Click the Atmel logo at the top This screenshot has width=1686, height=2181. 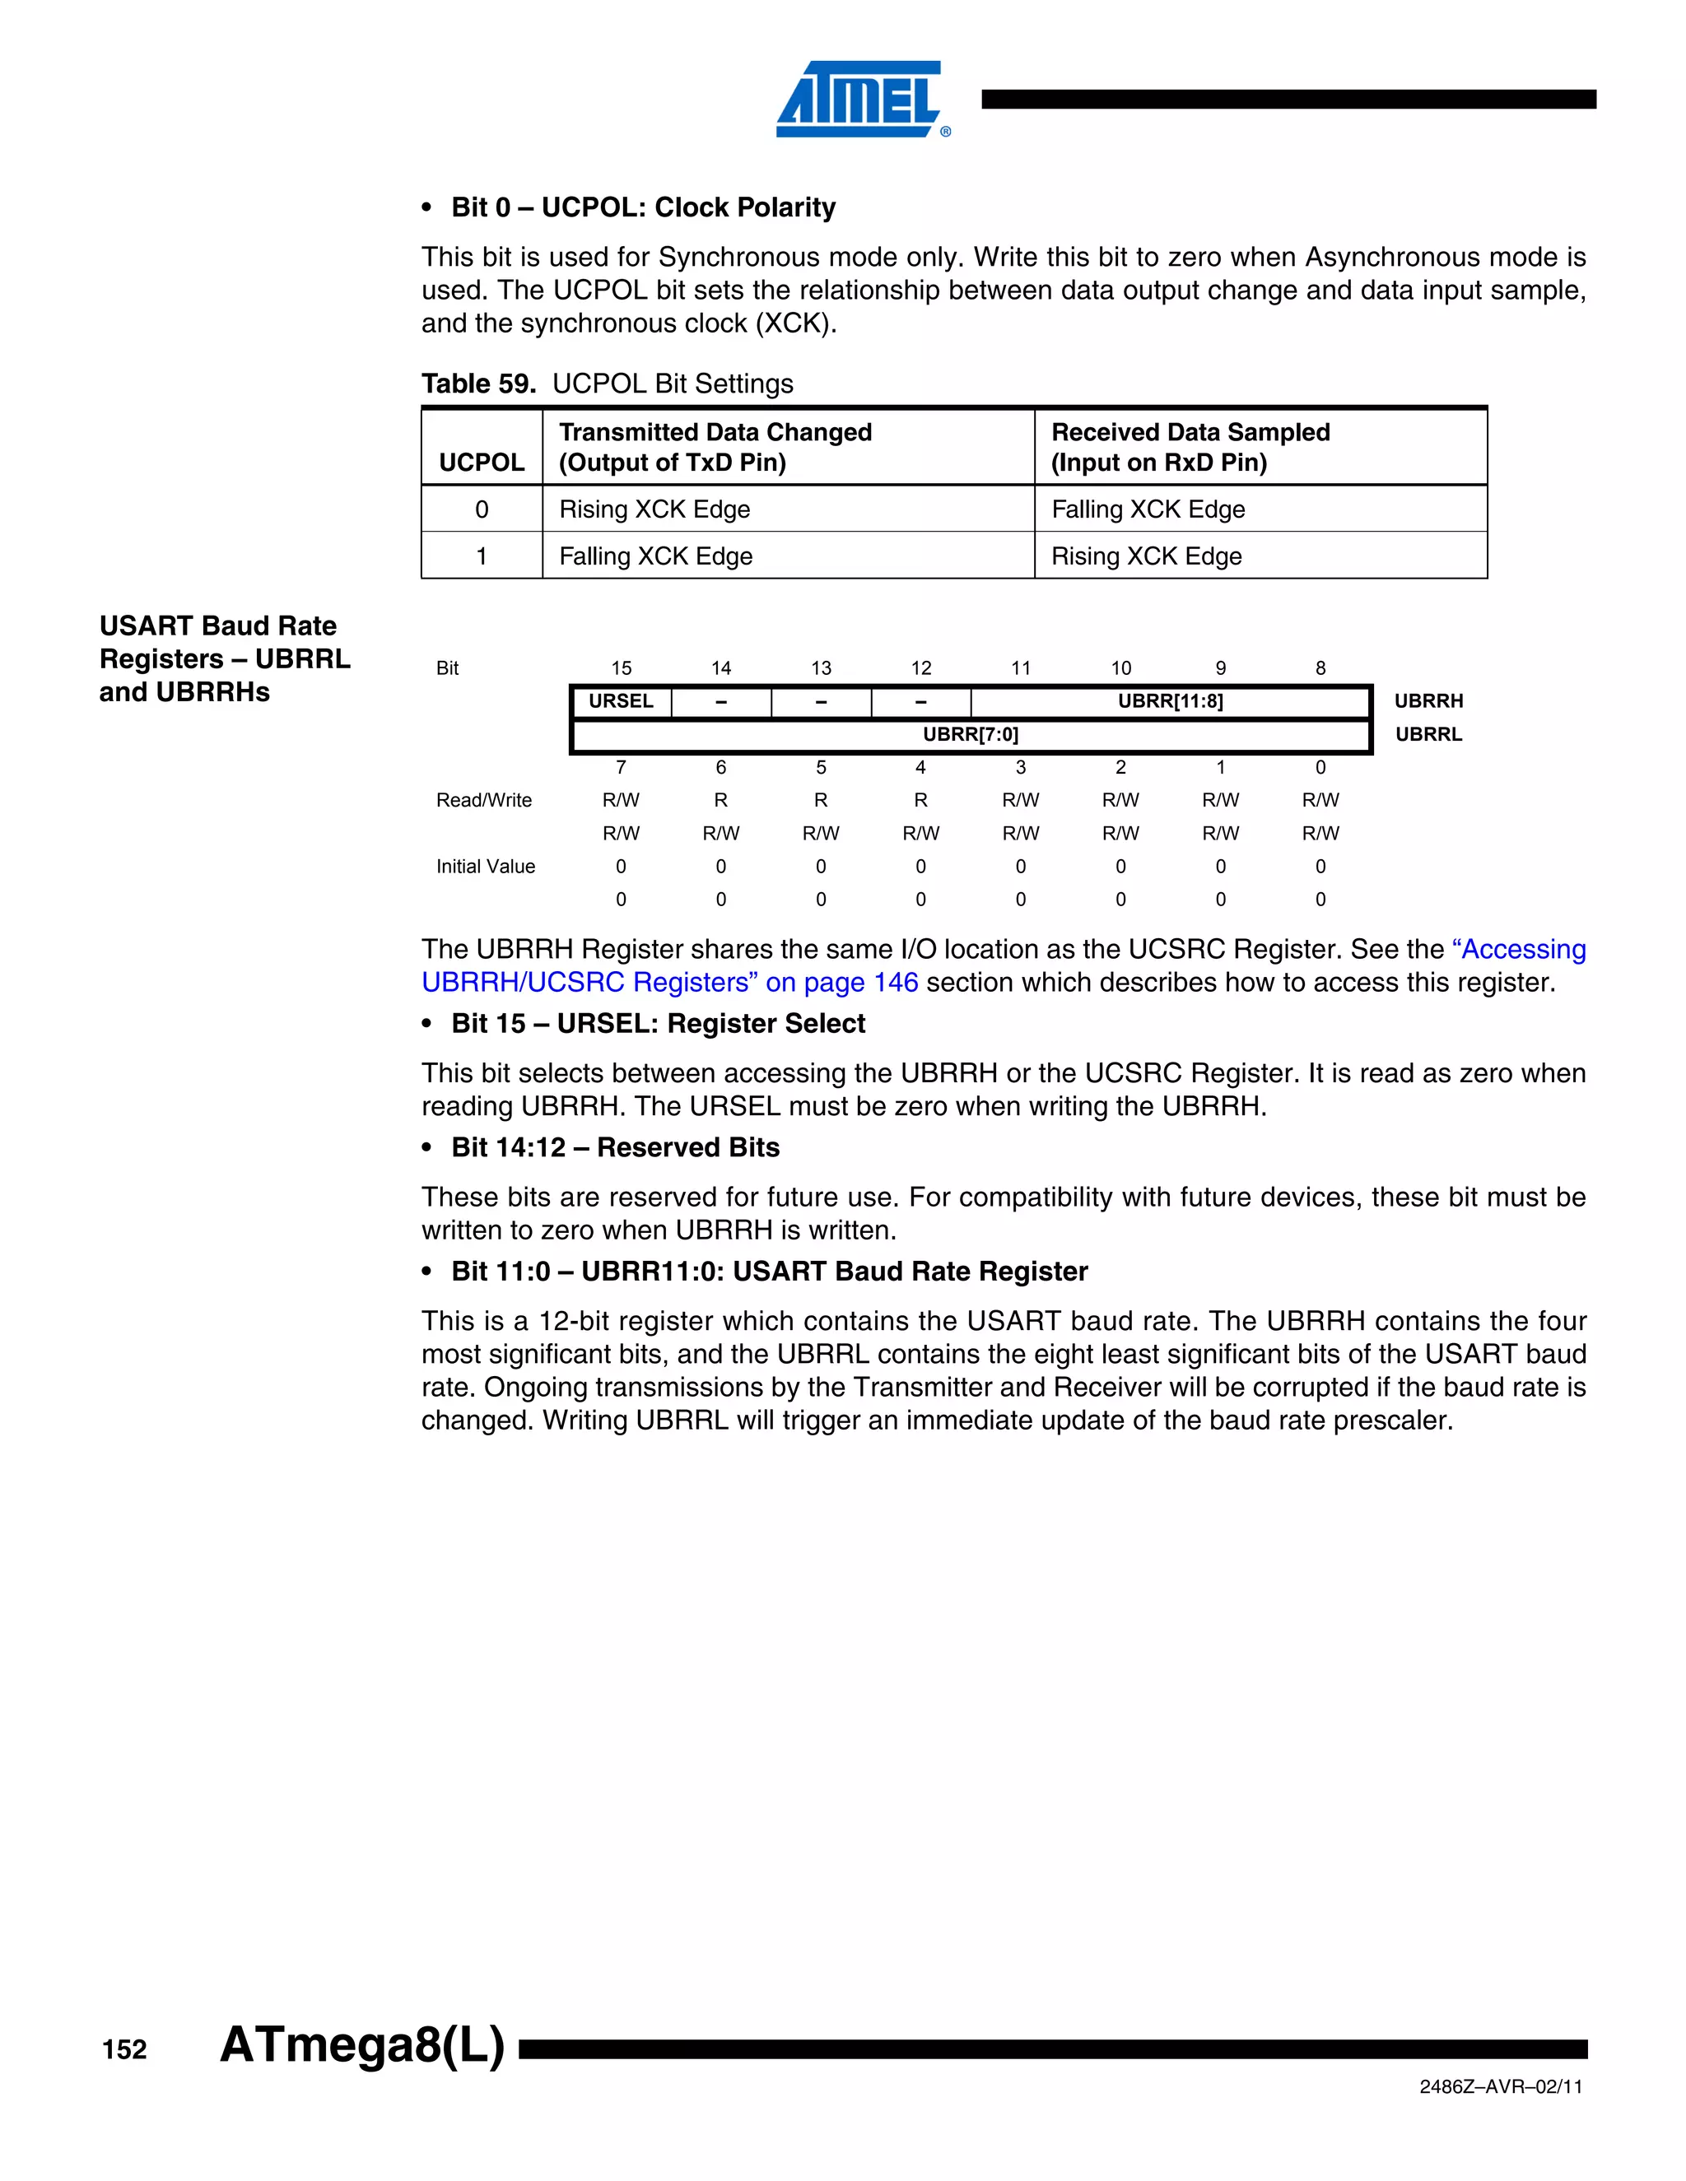click(x=860, y=100)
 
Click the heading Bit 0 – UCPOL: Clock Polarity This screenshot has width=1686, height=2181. click(x=642, y=207)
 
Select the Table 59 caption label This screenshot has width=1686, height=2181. click(x=478, y=384)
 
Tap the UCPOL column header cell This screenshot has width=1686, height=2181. click(x=482, y=462)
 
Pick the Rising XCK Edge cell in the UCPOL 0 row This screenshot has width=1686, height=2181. click(x=654, y=509)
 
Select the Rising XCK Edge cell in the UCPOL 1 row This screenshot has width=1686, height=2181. click(x=1146, y=556)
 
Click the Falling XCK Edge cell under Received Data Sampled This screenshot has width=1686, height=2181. click(x=1148, y=509)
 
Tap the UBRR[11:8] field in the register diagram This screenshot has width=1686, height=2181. click(x=1170, y=701)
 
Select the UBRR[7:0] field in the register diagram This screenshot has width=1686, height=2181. click(x=970, y=735)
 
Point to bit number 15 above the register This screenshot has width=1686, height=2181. click(x=622, y=668)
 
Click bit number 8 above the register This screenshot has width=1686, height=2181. click(x=1320, y=668)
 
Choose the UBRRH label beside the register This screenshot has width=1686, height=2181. click(x=1428, y=701)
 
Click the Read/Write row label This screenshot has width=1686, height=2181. click(x=483, y=800)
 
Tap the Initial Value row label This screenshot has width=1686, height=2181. click(x=486, y=867)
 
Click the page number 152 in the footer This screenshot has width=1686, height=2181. click(x=125, y=2049)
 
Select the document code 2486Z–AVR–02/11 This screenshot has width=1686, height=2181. click(x=1500, y=2087)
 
